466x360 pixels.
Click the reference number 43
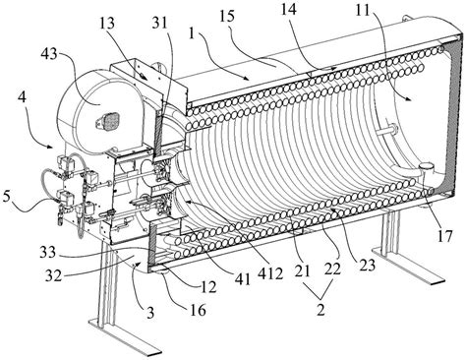tap(49, 54)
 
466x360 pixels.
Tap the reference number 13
tap(107, 25)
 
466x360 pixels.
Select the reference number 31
tap(159, 23)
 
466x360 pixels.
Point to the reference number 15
tap(228, 17)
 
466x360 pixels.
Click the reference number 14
tap(289, 9)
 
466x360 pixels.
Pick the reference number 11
tap(364, 11)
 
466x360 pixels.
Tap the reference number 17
tap(444, 236)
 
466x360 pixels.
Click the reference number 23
tap(367, 265)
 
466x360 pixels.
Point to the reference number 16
tap(198, 310)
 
